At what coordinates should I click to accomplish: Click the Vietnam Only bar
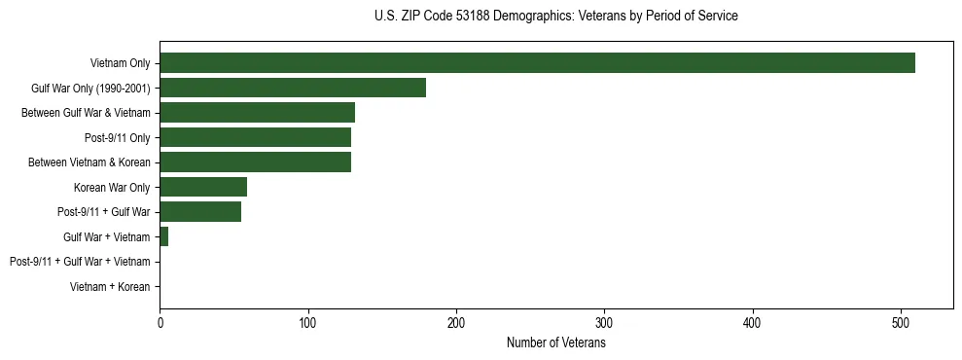tap(537, 63)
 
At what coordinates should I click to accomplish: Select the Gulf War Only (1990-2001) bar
tap(293, 89)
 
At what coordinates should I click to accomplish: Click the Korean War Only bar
tap(203, 188)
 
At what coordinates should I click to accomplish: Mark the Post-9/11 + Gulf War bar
tap(200, 212)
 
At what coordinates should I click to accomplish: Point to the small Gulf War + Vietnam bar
tap(164, 237)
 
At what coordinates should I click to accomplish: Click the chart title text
tap(555, 17)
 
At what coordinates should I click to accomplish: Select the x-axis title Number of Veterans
tap(555, 343)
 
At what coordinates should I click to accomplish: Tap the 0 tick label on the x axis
tap(160, 324)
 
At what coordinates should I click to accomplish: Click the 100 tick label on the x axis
tap(308, 324)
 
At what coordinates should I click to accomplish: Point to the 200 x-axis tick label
tap(456, 324)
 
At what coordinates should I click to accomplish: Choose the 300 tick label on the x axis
tap(605, 324)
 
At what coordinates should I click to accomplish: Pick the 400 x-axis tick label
tap(753, 324)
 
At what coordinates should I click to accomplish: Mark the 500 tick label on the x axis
tap(902, 324)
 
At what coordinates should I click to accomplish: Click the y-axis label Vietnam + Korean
tap(110, 287)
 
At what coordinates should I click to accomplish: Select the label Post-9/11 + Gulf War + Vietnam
tap(80, 262)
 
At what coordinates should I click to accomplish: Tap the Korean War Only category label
tap(112, 188)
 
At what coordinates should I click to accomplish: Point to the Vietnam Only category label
tap(120, 63)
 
